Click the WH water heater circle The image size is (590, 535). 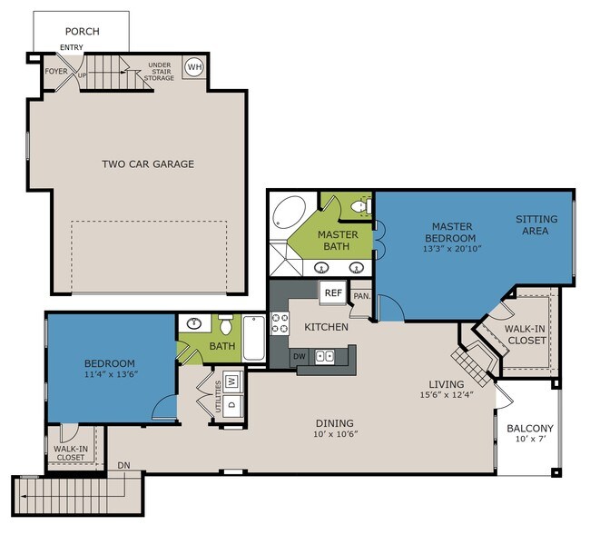[194, 67]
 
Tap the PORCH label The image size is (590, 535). [83, 31]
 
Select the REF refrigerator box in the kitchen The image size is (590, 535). [333, 292]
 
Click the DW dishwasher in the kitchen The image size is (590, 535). [300, 356]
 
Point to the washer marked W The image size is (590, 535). [232, 381]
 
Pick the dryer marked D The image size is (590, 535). [232, 405]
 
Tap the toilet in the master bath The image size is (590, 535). [361, 206]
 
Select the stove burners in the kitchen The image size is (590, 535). [280, 323]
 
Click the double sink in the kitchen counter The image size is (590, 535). [324, 356]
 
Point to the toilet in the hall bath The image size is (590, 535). [226, 324]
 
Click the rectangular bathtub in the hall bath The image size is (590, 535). [253, 339]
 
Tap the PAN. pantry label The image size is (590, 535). [362, 296]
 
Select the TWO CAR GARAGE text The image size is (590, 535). [148, 163]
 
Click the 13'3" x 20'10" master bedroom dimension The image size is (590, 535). [452, 249]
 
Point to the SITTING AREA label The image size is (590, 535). [536, 224]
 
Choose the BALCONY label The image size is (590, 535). [530, 429]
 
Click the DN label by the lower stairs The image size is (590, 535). [123, 465]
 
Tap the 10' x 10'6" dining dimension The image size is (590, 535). [335, 434]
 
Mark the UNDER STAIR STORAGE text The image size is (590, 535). [159, 72]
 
